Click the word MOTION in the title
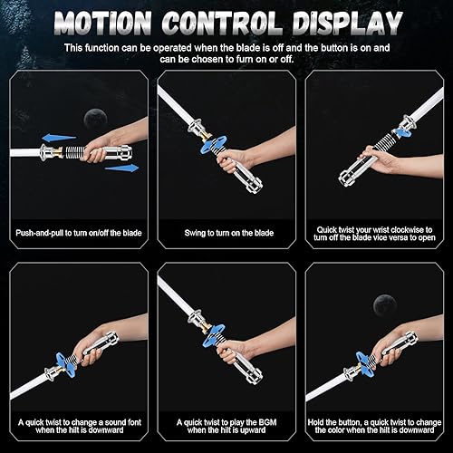103,24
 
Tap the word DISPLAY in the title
347,24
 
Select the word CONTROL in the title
222,24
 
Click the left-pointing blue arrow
59,139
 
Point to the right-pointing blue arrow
122,168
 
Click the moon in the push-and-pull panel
95,118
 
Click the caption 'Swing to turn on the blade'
229,233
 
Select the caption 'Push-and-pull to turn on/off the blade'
79,233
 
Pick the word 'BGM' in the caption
267,422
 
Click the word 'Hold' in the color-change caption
316,422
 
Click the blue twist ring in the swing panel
214,145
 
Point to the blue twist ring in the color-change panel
365,364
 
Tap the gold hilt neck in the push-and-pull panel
59,152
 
